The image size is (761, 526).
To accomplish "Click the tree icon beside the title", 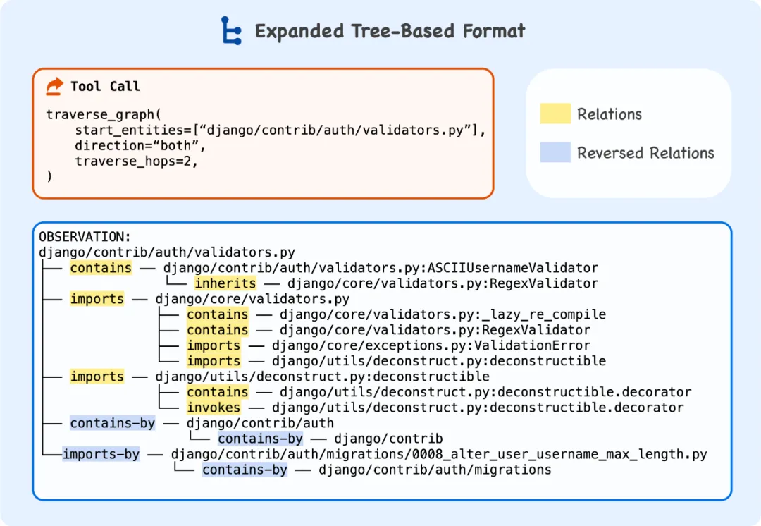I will click(x=231, y=31).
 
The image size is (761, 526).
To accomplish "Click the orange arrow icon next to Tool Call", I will click(x=54, y=86).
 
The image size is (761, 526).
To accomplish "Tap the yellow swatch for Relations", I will click(x=555, y=114).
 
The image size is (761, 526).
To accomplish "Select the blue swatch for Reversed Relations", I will click(x=555, y=152).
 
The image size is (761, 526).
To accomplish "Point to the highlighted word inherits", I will click(x=225, y=283).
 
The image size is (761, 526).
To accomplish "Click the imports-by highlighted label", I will click(x=101, y=454).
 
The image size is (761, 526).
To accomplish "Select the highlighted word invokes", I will click(x=214, y=408).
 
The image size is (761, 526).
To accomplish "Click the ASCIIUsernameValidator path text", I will click(x=380, y=268).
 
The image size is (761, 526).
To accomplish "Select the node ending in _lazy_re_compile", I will click(x=443, y=314).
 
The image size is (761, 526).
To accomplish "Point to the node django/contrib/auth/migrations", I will click(x=435, y=470).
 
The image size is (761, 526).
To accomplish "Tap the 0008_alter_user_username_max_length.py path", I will click(x=438, y=454).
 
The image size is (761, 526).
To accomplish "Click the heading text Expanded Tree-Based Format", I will click(x=390, y=32).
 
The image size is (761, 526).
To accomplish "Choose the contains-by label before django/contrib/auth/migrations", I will click(x=245, y=470).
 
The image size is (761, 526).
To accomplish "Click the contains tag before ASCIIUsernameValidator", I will click(x=101, y=268).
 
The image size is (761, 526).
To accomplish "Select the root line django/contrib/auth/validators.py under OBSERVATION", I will click(x=167, y=252).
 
